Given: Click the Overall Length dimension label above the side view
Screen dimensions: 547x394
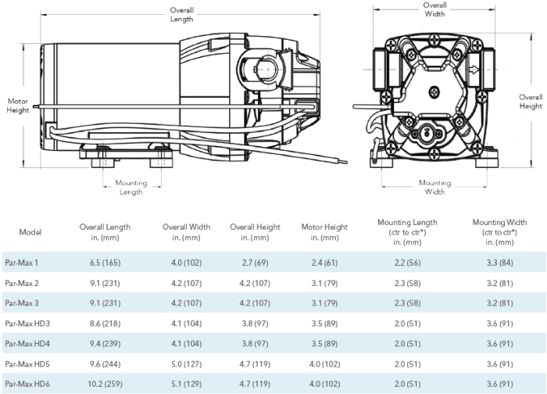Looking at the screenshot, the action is pyautogui.click(x=182, y=15).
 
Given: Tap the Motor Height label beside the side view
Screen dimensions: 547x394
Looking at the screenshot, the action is pyautogui.click(x=18, y=106).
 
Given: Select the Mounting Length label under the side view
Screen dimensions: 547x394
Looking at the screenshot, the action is pyautogui.click(x=131, y=188).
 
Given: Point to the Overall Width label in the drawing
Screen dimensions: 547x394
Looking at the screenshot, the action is pyautogui.click(x=434, y=9).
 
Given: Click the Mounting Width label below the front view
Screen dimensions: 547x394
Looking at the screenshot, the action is pyautogui.click(x=434, y=187).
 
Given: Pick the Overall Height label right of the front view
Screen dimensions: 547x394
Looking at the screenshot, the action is pyautogui.click(x=531, y=102).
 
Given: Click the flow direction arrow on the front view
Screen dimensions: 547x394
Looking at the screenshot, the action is pyautogui.click(x=474, y=70).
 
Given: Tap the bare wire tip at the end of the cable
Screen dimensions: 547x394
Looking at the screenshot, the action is pyautogui.click(x=344, y=162).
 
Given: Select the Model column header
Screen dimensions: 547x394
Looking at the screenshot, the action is pyautogui.click(x=30, y=232).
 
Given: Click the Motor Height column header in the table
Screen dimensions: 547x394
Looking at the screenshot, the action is pyautogui.click(x=324, y=232).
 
